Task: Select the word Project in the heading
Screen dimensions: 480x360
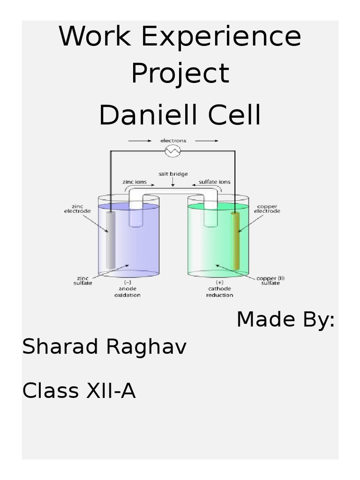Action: (x=180, y=74)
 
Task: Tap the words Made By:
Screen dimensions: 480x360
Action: (x=285, y=320)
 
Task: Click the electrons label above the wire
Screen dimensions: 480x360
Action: (x=173, y=140)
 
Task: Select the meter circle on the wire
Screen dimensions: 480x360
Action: (x=173, y=150)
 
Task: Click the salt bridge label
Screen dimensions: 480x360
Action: (x=173, y=174)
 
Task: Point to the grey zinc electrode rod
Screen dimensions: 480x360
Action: (x=111, y=240)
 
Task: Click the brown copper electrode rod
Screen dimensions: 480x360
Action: (x=235, y=240)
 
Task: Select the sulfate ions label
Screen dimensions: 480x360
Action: (x=214, y=182)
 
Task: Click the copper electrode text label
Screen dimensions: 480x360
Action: (x=267, y=209)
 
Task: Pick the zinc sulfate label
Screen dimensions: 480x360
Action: (x=82, y=280)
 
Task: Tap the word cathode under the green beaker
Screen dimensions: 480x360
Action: (x=220, y=289)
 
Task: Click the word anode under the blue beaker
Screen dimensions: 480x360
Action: (x=127, y=289)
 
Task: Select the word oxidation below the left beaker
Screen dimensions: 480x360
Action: (x=127, y=295)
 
